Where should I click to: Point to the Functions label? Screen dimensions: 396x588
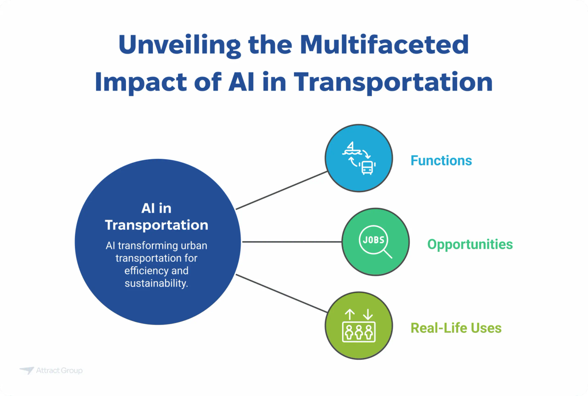coord(441,160)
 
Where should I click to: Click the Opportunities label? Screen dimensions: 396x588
coord(470,244)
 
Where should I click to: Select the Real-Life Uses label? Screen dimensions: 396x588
coord(456,327)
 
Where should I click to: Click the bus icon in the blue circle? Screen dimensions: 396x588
coord(367,168)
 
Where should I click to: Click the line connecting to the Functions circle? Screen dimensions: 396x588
coord(282,190)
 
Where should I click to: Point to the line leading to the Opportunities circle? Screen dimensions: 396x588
coord(292,242)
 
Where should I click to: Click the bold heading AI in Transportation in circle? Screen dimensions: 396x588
coord(157,217)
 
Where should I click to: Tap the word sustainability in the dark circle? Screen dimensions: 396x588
coord(157,283)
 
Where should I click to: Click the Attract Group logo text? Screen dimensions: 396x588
coord(59,371)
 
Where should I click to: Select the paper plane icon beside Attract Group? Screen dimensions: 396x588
coord(26,371)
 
